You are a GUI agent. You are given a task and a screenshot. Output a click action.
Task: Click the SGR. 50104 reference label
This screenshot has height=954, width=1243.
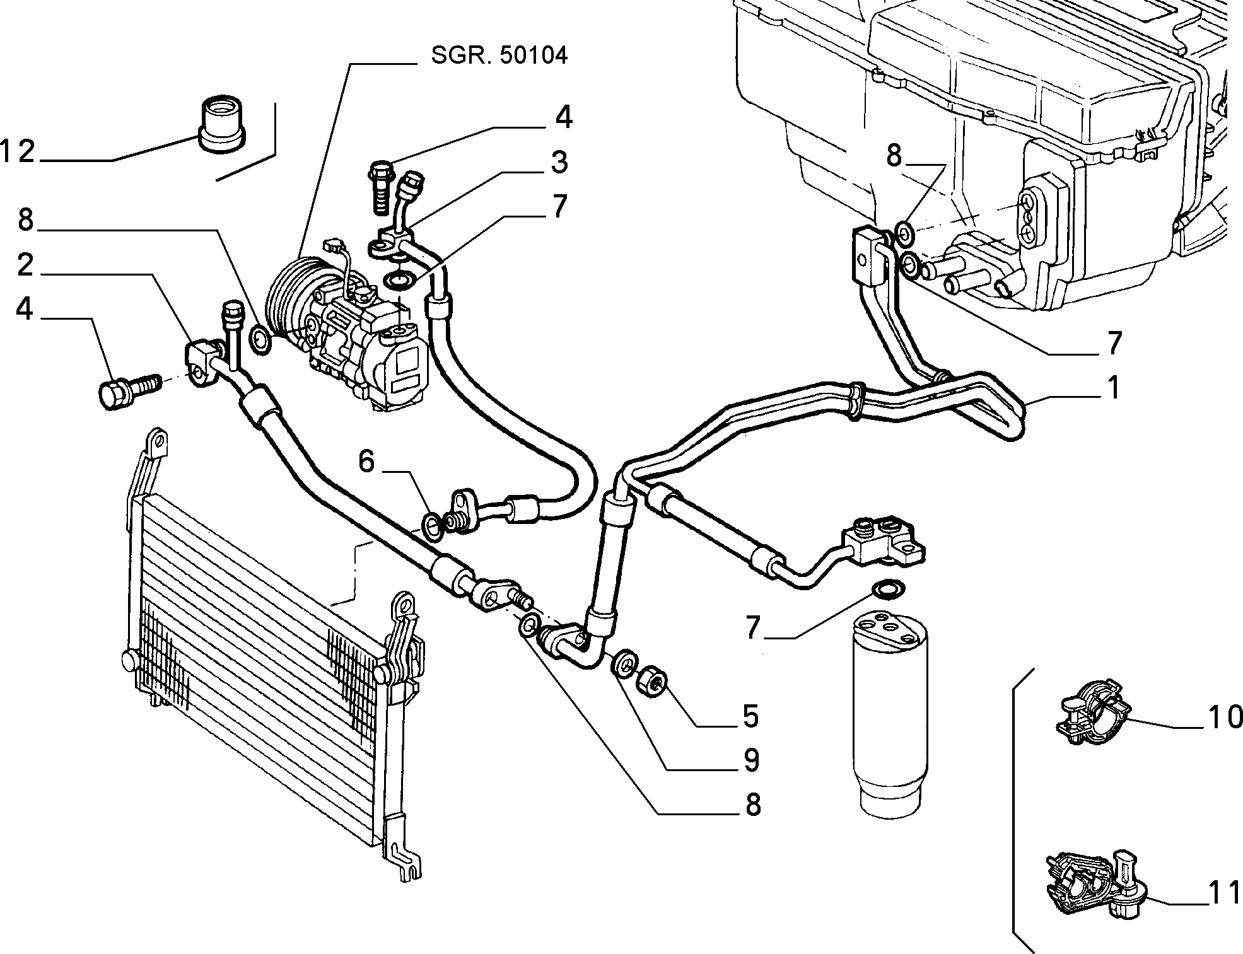point(499,55)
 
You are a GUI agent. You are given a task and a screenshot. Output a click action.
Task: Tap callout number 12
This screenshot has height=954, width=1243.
point(18,152)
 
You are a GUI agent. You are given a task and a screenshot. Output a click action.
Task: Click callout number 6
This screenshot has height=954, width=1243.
point(366,462)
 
